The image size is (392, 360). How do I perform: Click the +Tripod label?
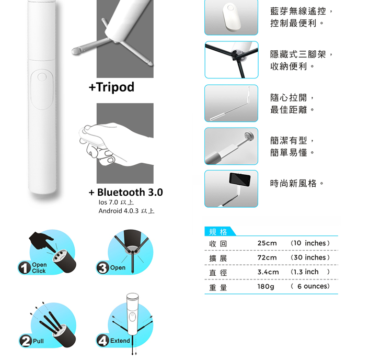[111, 87]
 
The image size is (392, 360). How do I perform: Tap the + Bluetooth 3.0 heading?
[126, 192]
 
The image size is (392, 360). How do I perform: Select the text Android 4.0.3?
[119, 211]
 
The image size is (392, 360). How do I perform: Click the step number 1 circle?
[24, 267]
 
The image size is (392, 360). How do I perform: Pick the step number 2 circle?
[26, 341]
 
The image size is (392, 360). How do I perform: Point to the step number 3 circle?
[103, 267]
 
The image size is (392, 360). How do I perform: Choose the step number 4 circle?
[103, 341]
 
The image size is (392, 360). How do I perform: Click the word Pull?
[38, 341]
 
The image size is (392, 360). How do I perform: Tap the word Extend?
[120, 341]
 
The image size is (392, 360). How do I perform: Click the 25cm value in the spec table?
[267, 243]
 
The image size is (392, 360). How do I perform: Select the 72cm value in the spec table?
[267, 257]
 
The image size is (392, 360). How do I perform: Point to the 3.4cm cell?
[268, 272]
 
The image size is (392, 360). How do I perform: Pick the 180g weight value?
[266, 286]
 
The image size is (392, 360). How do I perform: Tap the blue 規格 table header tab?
[219, 231]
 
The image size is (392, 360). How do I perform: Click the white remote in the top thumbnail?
[232, 17]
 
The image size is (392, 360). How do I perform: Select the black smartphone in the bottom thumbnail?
[240, 179]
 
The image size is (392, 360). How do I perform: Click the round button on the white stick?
[42, 77]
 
